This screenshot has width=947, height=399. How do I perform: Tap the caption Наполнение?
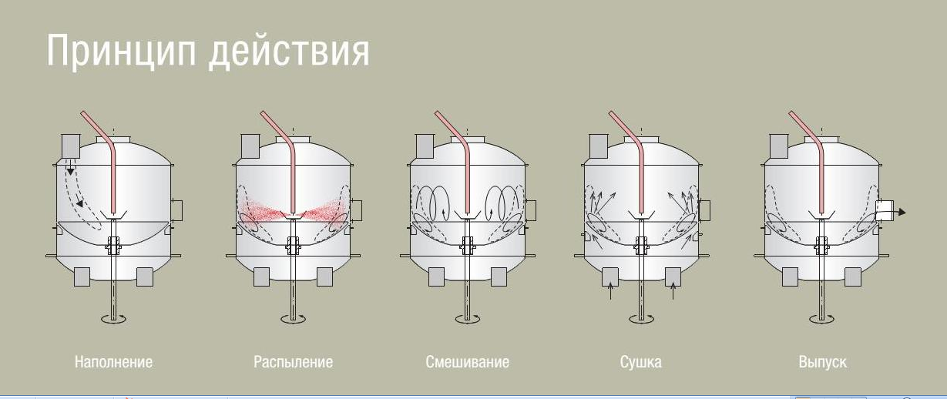tap(113, 361)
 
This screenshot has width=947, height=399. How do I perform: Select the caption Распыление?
tap(293, 361)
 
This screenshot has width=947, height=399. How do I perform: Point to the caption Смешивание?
tap(467, 361)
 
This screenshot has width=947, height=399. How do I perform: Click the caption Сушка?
tap(640, 361)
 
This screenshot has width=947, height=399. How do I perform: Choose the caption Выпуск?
tap(822, 361)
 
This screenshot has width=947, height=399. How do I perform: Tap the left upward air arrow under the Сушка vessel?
tap(610, 291)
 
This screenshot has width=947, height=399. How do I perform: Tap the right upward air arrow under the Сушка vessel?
tap(673, 291)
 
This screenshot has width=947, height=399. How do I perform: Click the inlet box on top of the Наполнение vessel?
tap(70, 145)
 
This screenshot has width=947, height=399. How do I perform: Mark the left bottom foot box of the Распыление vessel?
tap(261, 277)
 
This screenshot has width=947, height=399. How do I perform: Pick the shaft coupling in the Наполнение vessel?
tap(115, 246)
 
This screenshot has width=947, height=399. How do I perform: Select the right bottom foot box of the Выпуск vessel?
tap(852, 277)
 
